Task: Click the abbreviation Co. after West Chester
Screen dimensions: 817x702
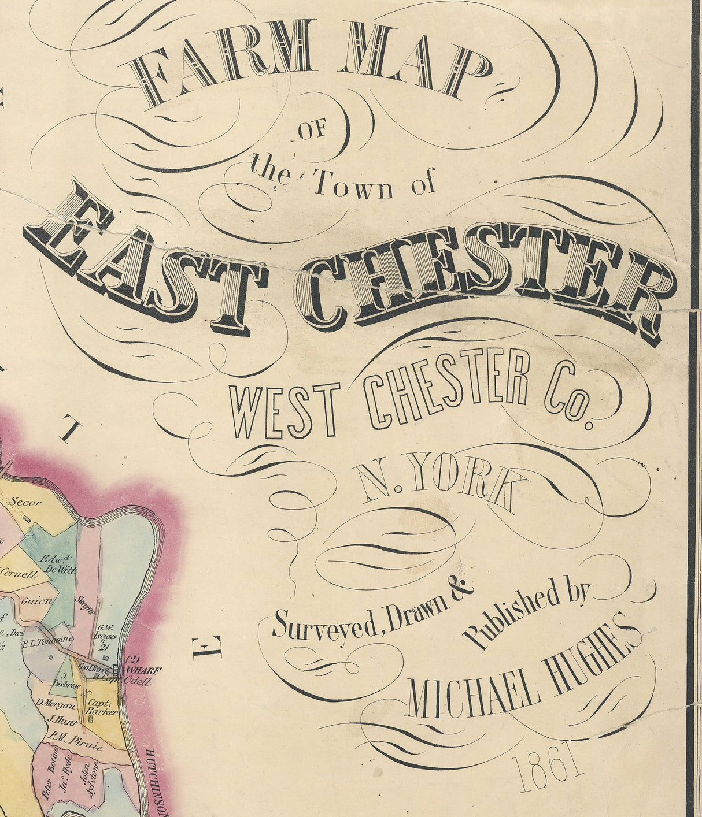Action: (x=570, y=399)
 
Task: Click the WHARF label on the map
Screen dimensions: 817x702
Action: (x=144, y=670)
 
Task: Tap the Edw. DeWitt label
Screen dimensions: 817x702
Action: (x=58, y=564)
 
